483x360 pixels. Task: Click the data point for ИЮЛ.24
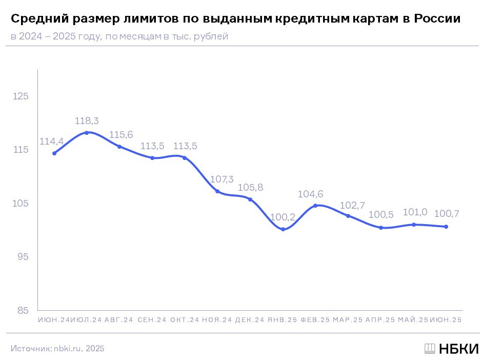[87, 133]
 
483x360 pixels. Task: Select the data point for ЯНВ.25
[283, 229]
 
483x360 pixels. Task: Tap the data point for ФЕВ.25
[315, 206]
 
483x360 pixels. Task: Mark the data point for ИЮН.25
[446, 227]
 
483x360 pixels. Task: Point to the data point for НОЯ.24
[217, 191]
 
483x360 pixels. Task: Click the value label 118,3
[87, 121]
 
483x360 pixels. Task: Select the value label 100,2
[283, 217]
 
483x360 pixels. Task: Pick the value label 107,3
[222, 179]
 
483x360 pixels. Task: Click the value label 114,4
[51, 141]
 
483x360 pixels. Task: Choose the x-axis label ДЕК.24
[250, 320]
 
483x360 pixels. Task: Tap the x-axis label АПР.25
[380, 320]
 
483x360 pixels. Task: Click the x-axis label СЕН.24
[152, 320]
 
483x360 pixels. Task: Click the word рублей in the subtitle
[212, 37]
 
